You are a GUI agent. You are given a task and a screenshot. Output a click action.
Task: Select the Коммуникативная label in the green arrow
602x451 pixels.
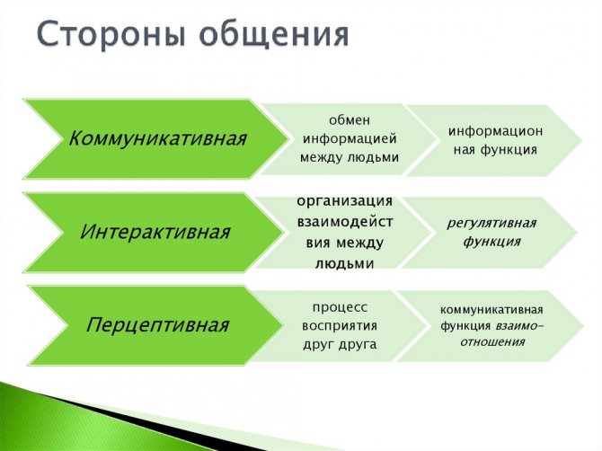coord(157,139)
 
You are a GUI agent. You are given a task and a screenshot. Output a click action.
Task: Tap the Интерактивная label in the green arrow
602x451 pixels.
coord(155,232)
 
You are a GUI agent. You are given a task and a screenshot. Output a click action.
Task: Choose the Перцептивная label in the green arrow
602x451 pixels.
coord(157,324)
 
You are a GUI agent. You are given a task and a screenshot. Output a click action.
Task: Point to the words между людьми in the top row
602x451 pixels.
coord(350,158)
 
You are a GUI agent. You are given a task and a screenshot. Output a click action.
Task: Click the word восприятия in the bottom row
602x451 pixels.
coord(339,324)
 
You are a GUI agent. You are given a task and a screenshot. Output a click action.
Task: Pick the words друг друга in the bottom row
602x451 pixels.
coord(339,343)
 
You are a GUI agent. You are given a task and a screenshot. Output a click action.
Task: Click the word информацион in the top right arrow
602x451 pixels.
coord(495,130)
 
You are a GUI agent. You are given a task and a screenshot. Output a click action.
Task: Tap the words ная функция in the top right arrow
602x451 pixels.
coord(495,149)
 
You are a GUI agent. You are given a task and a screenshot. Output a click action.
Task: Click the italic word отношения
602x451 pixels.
coord(493,341)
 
